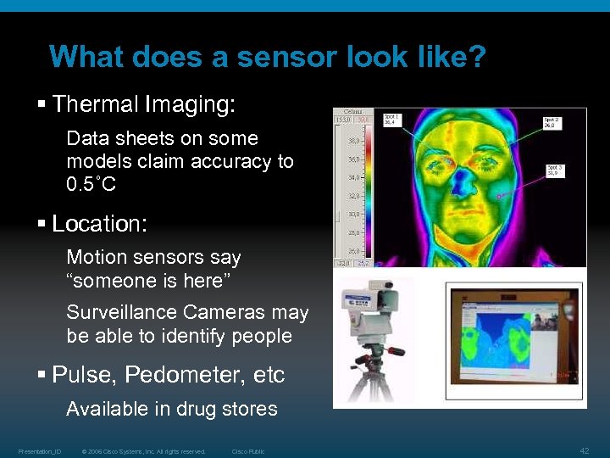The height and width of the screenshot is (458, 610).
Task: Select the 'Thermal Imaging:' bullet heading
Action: tap(143, 104)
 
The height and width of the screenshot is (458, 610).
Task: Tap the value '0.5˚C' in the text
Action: tap(91, 183)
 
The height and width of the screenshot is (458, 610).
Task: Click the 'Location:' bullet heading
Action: tap(99, 224)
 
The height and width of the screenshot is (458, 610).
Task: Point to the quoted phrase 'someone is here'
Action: tap(153, 280)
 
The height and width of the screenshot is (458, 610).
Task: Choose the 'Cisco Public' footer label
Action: tap(248, 451)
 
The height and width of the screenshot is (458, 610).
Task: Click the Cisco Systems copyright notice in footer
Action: tap(143, 451)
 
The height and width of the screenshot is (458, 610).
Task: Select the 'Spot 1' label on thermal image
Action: tap(391, 119)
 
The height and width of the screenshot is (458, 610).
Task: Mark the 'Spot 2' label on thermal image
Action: tap(552, 121)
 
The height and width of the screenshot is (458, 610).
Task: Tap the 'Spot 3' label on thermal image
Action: tap(555, 172)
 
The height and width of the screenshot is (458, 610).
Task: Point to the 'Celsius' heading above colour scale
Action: tap(352, 111)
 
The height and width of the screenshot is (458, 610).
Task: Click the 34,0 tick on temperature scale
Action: tap(354, 177)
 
